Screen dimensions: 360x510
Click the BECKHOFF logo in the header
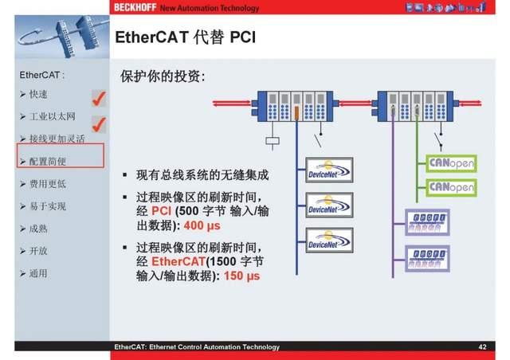click(x=135, y=7)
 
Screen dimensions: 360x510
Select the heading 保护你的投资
click(x=163, y=77)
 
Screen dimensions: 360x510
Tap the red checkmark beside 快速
click(x=100, y=98)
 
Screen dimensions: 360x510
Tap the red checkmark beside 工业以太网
click(x=100, y=123)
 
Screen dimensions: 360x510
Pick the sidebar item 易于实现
click(x=48, y=206)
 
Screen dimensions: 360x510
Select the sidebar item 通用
click(x=38, y=273)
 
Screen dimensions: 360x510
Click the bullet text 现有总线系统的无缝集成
click(x=202, y=174)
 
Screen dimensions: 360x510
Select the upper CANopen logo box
click(x=451, y=162)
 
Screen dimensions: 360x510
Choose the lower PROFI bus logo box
click(x=427, y=259)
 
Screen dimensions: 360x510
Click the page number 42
click(x=482, y=347)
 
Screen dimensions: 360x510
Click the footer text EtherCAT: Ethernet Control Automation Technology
click(x=197, y=347)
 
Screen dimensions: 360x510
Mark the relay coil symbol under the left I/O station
click(x=271, y=141)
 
